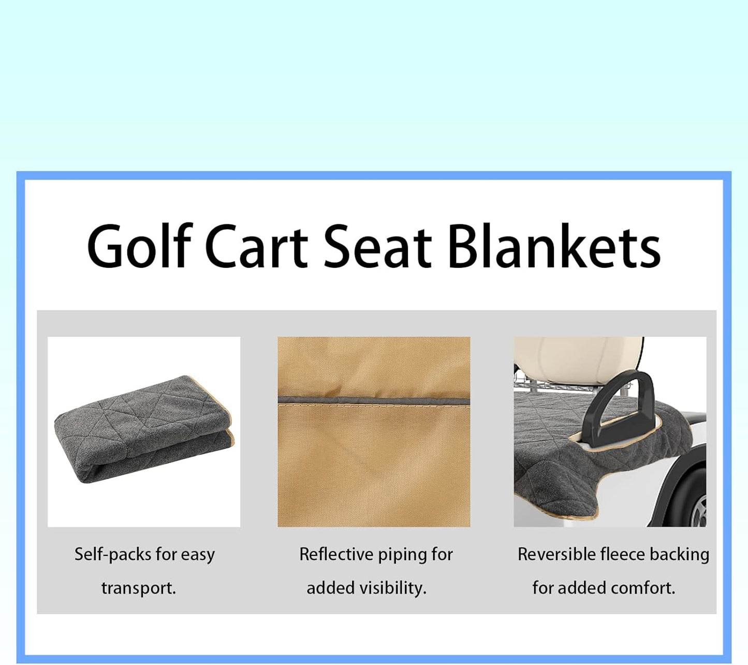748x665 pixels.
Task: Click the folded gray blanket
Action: pyautogui.click(x=140, y=430)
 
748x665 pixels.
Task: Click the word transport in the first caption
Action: pyautogui.click(x=138, y=588)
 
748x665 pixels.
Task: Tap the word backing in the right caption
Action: pyautogui.click(x=679, y=555)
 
